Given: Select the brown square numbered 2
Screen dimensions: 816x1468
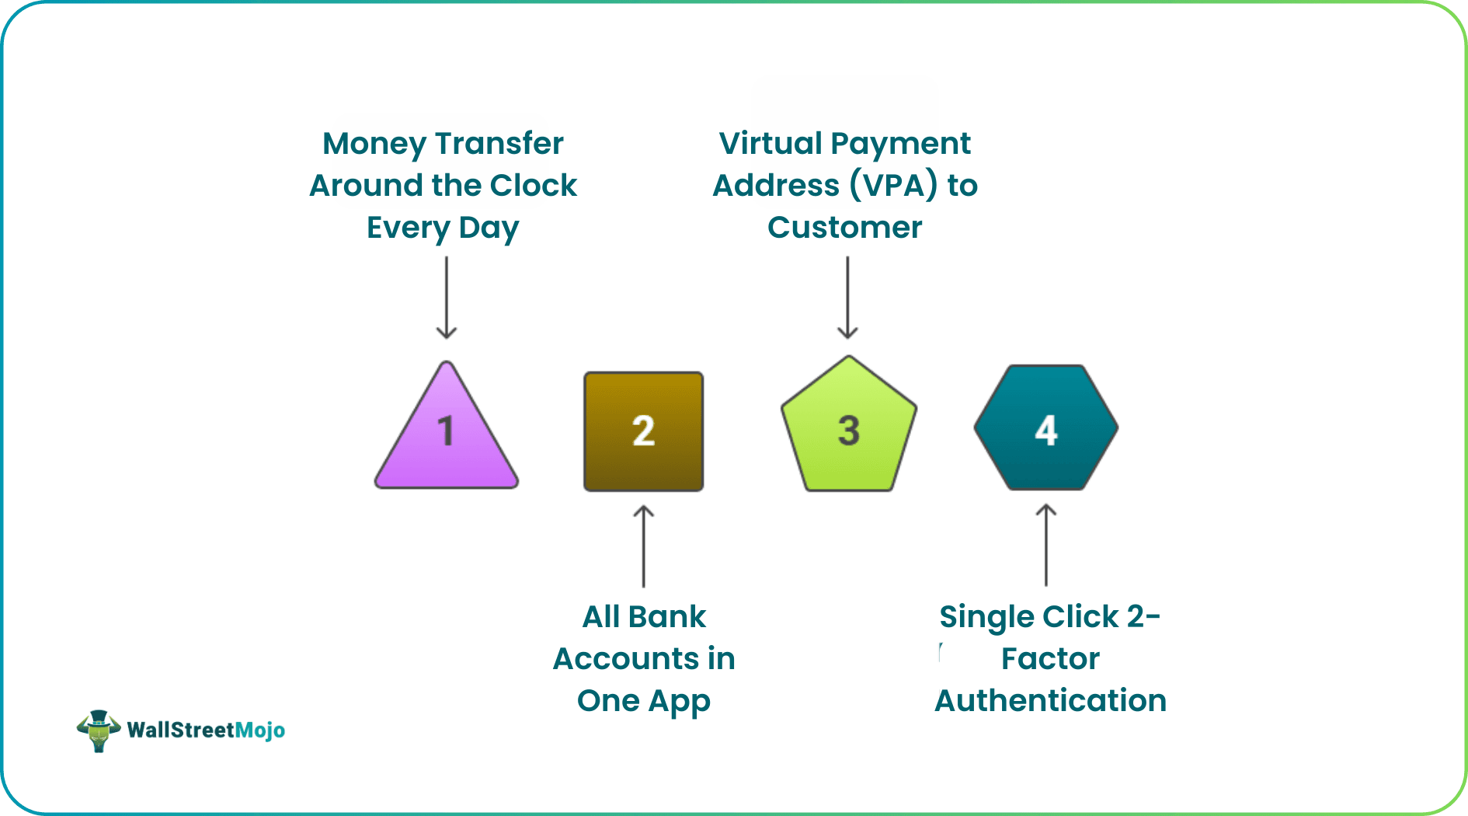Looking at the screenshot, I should (x=643, y=431).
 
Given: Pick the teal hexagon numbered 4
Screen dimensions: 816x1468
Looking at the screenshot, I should (x=1045, y=428).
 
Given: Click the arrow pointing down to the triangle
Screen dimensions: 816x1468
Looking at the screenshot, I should (x=447, y=298).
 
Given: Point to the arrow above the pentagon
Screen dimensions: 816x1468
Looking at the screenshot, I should (x=847, y=298).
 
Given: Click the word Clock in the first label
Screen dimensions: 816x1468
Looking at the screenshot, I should (x=534, y=186).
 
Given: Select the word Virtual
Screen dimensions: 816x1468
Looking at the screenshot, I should (x=771, y=144).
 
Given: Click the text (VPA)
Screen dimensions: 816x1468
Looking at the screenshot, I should (x=892, y=186).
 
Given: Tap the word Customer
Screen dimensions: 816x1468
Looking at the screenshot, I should (x=845, y=228).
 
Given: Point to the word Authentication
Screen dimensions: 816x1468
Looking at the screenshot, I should (x=1050, y=701).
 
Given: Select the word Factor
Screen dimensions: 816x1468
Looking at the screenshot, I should (x=1050, y=659).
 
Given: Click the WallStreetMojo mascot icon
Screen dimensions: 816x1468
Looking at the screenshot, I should (x=99, y=731).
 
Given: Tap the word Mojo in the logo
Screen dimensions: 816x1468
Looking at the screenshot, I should (x=259, y=731).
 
